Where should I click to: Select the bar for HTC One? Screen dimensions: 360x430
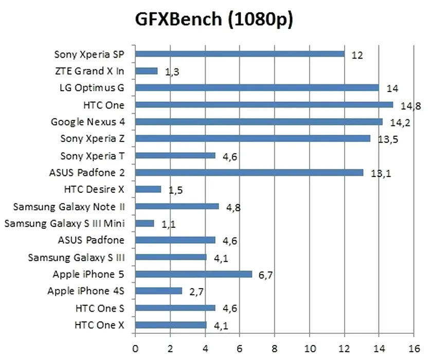264,105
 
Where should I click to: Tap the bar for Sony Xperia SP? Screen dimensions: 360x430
240,54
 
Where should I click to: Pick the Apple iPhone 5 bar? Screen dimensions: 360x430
194,274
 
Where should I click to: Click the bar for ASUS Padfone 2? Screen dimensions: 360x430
249,173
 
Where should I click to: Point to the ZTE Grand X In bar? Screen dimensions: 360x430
147,71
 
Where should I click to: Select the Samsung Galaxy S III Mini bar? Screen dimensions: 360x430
145,223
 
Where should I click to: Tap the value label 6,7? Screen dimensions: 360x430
265,275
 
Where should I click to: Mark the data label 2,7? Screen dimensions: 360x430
196,292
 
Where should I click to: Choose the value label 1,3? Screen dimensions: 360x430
172,73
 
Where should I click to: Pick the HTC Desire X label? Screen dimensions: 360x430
94,189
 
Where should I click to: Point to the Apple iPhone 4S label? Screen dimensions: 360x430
86,291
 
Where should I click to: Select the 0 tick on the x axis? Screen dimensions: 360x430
135,348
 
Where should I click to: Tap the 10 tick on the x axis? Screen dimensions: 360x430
309,348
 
